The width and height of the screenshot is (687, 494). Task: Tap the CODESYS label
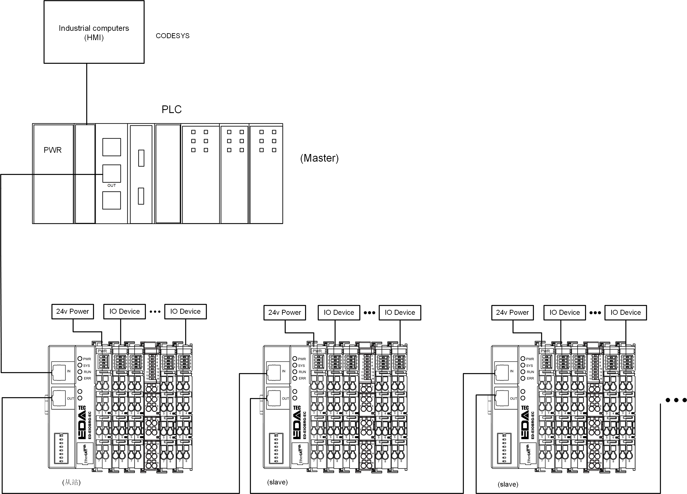coord(172,36)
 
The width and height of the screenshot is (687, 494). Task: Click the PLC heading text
coord(172,109)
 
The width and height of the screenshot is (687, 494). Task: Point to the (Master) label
coord(319,158)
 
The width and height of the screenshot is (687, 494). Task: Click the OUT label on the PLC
coord(111,185)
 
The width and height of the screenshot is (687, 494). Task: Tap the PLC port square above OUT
coord(111,173)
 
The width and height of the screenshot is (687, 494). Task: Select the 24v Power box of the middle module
coord(284,312)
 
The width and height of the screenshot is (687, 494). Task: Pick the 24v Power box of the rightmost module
coord(512,312)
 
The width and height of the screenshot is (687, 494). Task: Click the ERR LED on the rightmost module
coord(523,378)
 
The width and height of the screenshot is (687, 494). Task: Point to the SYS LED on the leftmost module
coord(80,365)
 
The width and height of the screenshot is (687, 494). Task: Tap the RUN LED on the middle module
coord(295,372)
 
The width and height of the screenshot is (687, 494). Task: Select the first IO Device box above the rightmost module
coord(565,312)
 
